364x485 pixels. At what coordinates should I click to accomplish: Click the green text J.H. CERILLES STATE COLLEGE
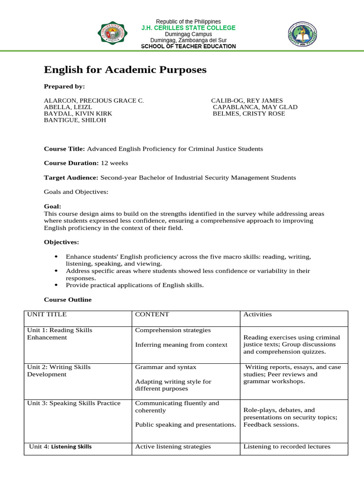tap(188, 28)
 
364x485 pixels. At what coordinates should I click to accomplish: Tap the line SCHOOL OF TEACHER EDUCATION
tap(188, 46)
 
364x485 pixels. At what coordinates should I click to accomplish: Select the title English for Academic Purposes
tap(125, 70)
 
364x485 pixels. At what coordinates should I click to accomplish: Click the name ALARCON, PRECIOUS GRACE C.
tap(94, 100)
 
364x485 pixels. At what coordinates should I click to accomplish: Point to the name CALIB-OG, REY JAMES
tap(247, 100)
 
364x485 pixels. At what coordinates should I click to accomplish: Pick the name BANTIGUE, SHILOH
tap(75, 120)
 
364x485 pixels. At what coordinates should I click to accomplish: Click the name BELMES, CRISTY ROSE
tap(249, 114)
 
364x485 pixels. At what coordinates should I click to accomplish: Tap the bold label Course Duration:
tap(72, 163)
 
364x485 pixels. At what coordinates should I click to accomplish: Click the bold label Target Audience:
tap(71, 178)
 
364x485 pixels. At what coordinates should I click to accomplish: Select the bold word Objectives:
tap(62, 242)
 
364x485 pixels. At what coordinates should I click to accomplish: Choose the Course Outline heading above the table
tap(68, 300)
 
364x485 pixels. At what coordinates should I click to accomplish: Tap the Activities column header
tap(257, 314)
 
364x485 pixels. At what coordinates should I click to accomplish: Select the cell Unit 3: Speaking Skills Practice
tap(74, 403)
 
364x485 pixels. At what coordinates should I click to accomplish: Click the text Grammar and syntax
tap(159, 367)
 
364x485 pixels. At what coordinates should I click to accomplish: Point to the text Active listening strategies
tap(173, 447)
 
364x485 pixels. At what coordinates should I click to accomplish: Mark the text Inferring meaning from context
tap(181, 345)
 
